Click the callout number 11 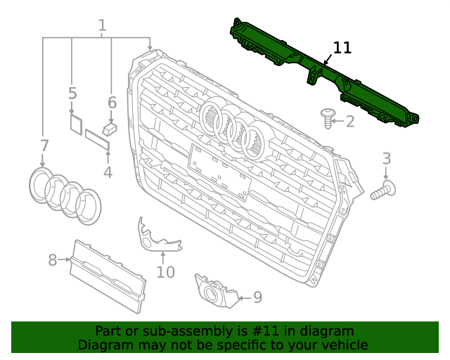tap(342, 48)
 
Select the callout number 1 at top tap(102, 27)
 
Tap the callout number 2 tap(349, 122)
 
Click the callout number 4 tap(108, 172)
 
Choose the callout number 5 tap(72, 94)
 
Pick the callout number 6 tap(112, 103)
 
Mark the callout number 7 tap(44, 146)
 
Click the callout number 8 tap(53, 261)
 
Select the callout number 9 tap(257, 297)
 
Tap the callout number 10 tap(165, 271)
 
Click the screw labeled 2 tap(328, 118)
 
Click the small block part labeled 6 tap(109, 129)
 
